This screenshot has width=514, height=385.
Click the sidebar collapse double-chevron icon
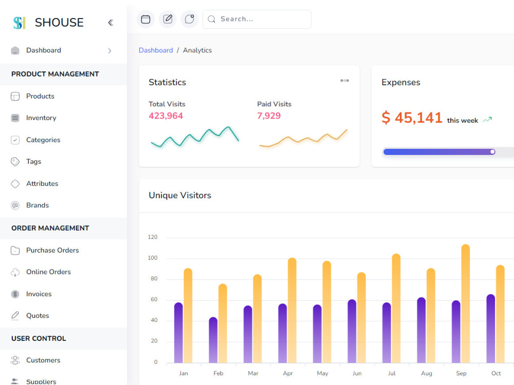pyautogui.click(x=111, y=23)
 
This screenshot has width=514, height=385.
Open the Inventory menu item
pyautogui.click(x=41, y=118)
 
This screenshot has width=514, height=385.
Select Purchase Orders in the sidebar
pyautogui.click(x=52, y=250)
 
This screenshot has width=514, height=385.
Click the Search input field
pyautogui.click(x=257, y=19)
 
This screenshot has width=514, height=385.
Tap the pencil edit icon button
pyautogui.click(x=168, y=19)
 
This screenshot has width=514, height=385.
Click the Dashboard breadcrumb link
pyautogui.click(x=156, y=50)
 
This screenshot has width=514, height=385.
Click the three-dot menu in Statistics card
pyautogui.click(x=344, y=81)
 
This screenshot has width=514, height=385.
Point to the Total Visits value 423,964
pyautogui.click(x=166, y=115)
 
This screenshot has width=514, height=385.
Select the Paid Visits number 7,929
pyautogui.click(x=269, y=115)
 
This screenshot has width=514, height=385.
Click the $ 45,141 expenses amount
pyautogui.click(x=412, y=118)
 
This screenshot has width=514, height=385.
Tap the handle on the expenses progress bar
pyautogui.click(x=492, y=152)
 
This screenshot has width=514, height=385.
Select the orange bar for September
pyautogui.click(x=466, y=303)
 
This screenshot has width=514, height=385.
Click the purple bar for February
pyautogui.click(x=213, y=340)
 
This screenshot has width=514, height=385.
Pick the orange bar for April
pyautogui.click(x=292, y=310)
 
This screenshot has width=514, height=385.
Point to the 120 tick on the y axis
pyautogui.click(x=153, y=237)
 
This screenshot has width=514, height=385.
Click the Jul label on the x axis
pyautogui.click(x=392, y=373)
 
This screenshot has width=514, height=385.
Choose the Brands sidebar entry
pyautogui.click(x=38, y=205)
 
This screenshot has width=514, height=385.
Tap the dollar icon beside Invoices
pyautogui.click(x=15, y=294)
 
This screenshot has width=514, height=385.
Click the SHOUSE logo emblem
pyautogui.click(x=20, y=23)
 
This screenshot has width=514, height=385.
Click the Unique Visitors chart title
pyautogui.click(x=180, y=196)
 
